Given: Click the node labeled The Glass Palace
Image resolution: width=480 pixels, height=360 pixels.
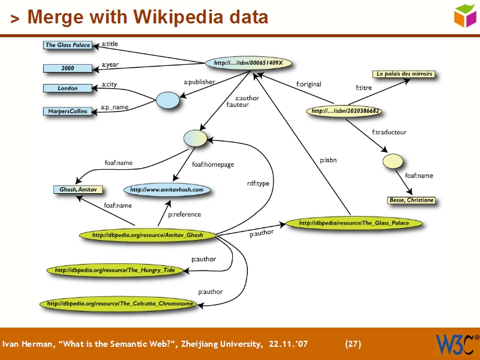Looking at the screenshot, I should click(67, 45).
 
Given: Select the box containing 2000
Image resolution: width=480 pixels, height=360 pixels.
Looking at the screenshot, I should click(67, 68).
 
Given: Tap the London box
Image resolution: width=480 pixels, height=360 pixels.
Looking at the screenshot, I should click(67, 88).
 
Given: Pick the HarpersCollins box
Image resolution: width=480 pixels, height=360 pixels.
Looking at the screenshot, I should click(67, 111).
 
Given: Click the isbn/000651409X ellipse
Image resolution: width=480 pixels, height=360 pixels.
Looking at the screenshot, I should click(248, 63).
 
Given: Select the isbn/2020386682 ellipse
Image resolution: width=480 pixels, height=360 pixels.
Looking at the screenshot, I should click(346, 111).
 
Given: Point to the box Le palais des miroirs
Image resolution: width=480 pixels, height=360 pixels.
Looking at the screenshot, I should click(404, 74).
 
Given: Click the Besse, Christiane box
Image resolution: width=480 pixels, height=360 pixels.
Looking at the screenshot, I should click(411, 200).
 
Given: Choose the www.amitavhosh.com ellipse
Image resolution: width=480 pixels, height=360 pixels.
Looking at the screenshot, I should click(167, 190).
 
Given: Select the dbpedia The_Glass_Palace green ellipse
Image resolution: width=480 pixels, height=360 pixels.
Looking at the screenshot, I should click(354, 223).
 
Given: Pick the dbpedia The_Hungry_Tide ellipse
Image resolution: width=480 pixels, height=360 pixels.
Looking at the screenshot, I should click(115, 271).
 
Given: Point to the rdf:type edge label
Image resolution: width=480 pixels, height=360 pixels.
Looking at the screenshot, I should click(259, 184).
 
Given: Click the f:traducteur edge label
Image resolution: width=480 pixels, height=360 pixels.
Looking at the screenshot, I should click(389, 132).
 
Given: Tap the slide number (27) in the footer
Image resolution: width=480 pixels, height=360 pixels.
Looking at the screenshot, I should click(353, 344).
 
